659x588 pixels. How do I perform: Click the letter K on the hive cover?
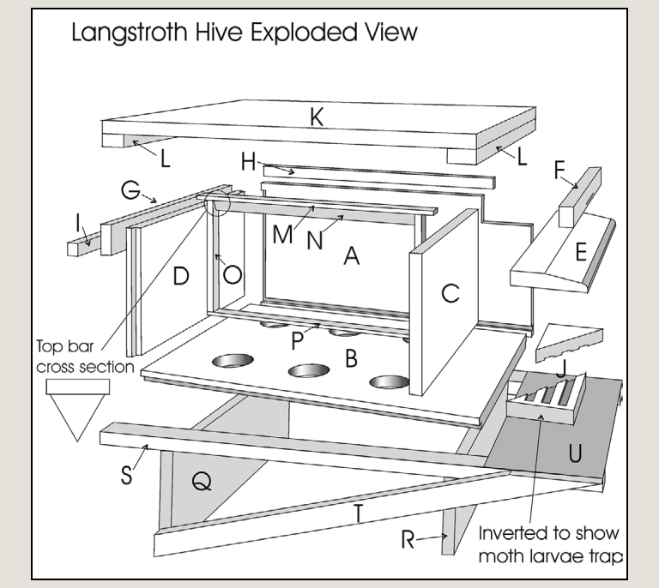pos(317,120)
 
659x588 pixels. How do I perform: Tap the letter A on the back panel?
pos(349,255)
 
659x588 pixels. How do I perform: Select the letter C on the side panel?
pos(450,293)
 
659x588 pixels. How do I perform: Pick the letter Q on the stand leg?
pos(201,483)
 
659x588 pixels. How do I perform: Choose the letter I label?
pos(78,224)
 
